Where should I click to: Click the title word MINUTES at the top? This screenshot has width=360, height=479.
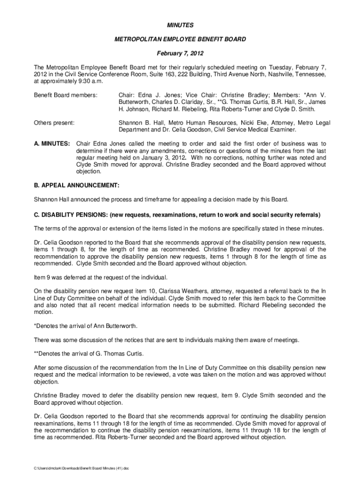click(180, 24)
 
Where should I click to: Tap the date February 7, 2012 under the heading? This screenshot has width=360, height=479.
click(180, 54)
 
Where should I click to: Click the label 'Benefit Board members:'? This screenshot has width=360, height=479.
click(65, 95)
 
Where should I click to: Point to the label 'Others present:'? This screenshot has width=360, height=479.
click(54, 123)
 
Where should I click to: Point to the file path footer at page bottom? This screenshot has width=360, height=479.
click(81, 468)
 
